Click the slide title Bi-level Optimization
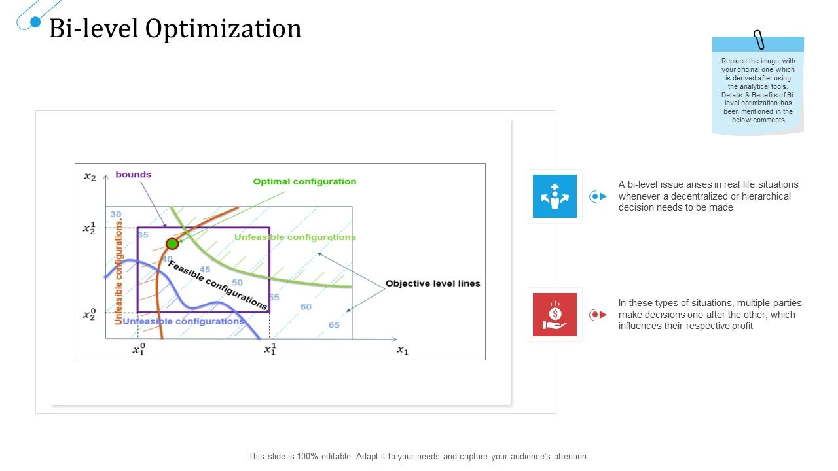tap(175, 29)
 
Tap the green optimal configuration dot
tap(172, 244)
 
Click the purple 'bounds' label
tap(134, 175)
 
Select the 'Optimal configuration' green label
tap(304, 182)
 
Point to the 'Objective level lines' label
tap(433, 283)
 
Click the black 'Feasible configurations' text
tap(218, 285)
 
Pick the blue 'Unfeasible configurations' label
tap(183, 321)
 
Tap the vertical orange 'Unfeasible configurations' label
tap(118, 272)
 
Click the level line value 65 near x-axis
tap(334, 325)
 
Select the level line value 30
tap(116, 214)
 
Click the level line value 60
tap(306, 307)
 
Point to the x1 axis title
tap(402, 351)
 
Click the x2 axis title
tap(90, 176)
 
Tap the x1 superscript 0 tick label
tap(138, 350)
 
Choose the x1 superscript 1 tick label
tap(270, 350)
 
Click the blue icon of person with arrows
tap(555, 196)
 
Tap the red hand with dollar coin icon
tap(555, 315)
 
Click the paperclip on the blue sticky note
tap(759, 40)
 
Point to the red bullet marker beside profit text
tap(598, 315)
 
